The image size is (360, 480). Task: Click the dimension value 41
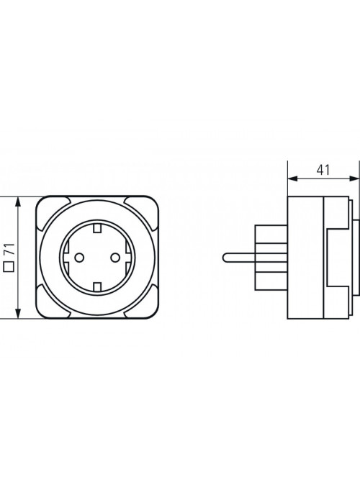323,171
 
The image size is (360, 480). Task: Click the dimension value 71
10,249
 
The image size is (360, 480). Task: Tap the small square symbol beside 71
9,267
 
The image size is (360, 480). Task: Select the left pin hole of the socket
79,258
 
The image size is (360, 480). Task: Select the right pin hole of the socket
115,258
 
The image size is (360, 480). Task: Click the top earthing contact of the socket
97,227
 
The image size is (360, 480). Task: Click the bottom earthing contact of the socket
97,287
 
